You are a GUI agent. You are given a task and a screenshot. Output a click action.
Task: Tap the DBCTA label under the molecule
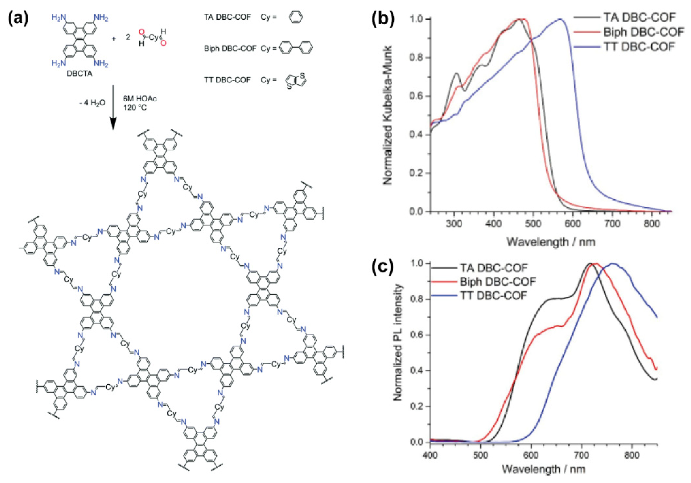[79, 73]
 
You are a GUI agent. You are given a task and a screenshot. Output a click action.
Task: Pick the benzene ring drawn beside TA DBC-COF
[295, 17]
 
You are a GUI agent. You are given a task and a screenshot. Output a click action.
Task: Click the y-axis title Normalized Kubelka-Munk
[388, 115]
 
